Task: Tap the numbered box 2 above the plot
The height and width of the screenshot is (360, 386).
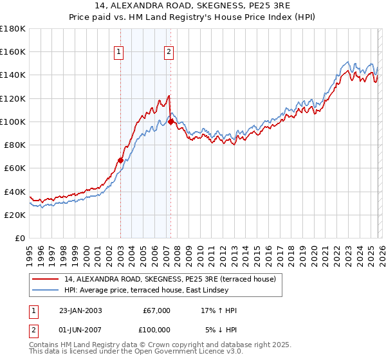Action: coord(169,53)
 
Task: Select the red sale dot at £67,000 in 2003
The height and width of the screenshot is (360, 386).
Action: coord(120,160)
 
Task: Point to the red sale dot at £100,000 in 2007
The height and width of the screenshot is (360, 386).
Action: coord(171,122)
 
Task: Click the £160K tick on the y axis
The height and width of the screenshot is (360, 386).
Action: coord(13,52)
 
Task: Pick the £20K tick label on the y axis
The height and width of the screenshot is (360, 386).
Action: coord(15,215)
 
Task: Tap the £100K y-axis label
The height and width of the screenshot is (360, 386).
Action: coord(13,122)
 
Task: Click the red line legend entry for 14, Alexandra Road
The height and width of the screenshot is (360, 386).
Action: coord(170,278)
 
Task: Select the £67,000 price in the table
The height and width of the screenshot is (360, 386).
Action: coord(156,310)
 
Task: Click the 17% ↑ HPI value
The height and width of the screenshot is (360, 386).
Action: coord(219,310)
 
